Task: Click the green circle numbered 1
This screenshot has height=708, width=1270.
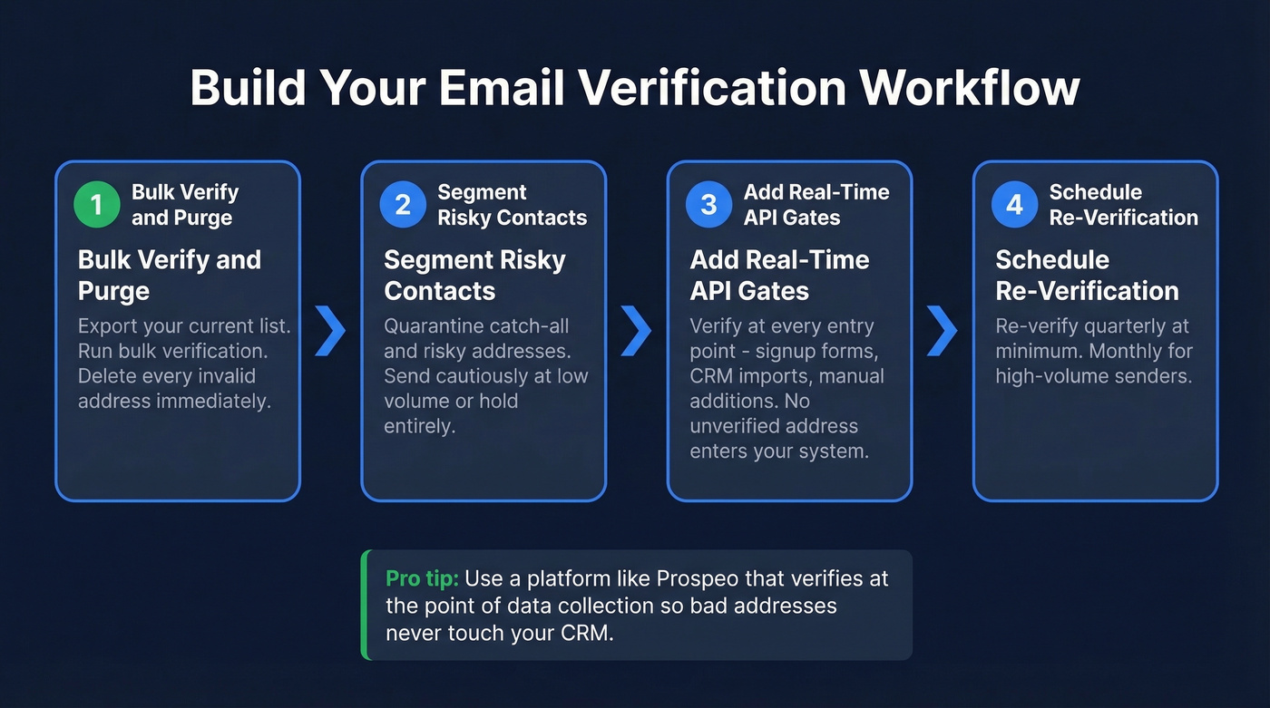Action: pos(96,205)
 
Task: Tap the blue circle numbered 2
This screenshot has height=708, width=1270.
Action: pos(402,205)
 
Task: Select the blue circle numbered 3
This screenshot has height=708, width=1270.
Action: pos(708,205)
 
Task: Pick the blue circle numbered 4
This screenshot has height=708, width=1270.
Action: pos(1014,205)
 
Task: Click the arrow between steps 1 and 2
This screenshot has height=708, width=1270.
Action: pos(330,330)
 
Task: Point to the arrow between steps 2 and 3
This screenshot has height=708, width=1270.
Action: pos(636,330)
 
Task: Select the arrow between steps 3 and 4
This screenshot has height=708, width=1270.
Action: pos(942,330)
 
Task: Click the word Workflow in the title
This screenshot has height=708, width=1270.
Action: pos(970,89)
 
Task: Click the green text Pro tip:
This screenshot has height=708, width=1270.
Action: pos(422,578)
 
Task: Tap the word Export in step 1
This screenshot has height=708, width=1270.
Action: pos(108,326)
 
